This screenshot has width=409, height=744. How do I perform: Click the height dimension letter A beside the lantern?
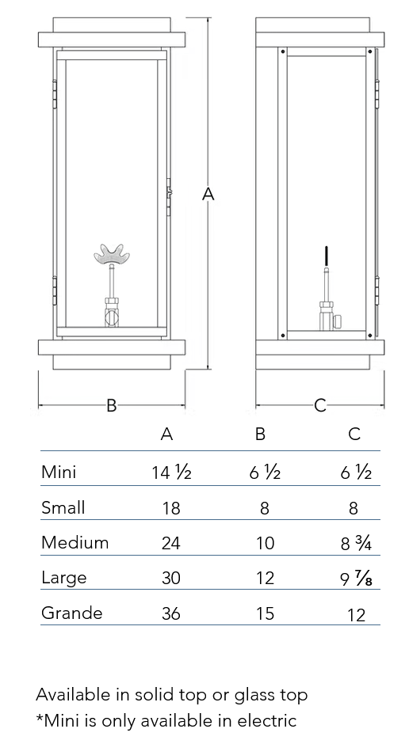(208, 194)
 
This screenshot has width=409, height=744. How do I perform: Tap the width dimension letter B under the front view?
(111, 406)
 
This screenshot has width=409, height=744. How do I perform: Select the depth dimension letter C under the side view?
(321, 406)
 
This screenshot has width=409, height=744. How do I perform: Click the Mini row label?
(59, 472)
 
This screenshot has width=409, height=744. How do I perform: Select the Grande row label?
(71, 613)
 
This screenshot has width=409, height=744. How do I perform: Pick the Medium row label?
(75, 542)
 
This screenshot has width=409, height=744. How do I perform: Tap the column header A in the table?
(166, 434)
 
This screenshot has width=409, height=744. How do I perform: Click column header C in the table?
(354, 434)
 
